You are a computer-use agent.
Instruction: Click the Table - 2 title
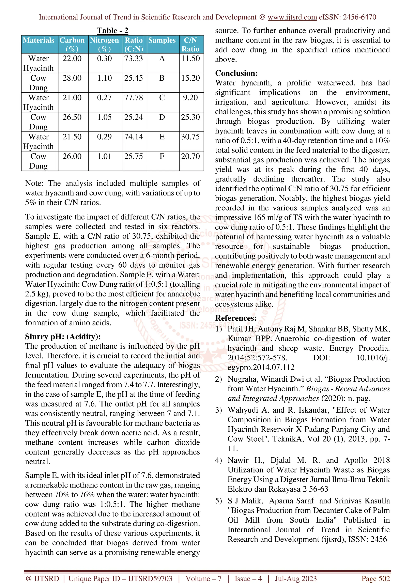[112, 31]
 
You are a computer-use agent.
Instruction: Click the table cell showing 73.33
[134, 59]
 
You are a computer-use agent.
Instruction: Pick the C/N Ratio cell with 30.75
[190, 137]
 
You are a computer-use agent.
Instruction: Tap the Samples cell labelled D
[162, 117]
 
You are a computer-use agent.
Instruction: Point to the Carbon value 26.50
[72, 117]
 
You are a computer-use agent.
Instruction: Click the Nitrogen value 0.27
[104, 98]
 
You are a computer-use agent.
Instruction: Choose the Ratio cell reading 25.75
[134, 156]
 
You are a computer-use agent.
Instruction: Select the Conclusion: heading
[236, 73]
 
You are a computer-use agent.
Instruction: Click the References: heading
[236, 318]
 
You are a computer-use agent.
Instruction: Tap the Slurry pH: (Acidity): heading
[63, 337]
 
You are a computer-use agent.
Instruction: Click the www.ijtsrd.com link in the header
[292, 17]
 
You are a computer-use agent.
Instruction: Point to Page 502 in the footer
[376, 578]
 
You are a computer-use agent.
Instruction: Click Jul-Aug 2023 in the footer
[296, 578]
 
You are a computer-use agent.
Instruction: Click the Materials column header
[39, 40]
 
